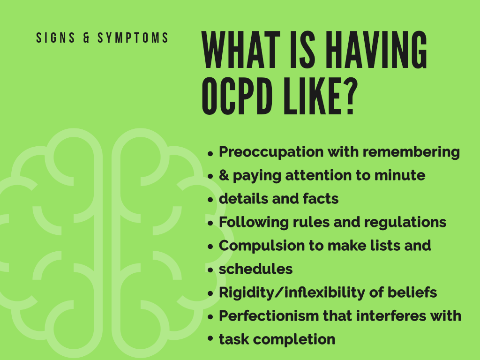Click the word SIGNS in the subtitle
point(55,38)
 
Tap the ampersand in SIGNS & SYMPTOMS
point(86,38)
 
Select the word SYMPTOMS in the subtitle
point(133,38)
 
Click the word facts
point(321,199)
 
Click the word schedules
point(255,269)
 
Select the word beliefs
point(412,292)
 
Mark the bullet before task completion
point(210,338)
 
